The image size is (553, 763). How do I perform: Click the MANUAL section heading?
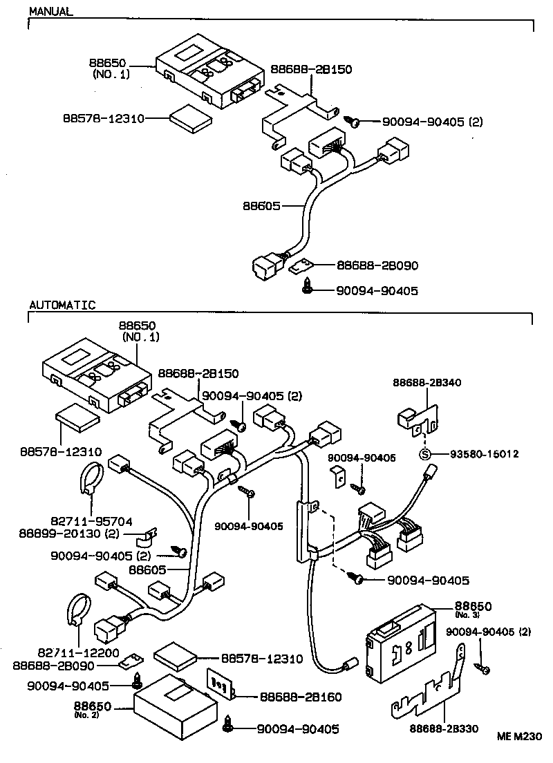point(50,12)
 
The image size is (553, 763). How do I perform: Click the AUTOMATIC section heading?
point(62,305)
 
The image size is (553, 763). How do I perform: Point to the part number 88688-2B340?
point(427,382)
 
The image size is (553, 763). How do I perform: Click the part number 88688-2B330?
point(444,728)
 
